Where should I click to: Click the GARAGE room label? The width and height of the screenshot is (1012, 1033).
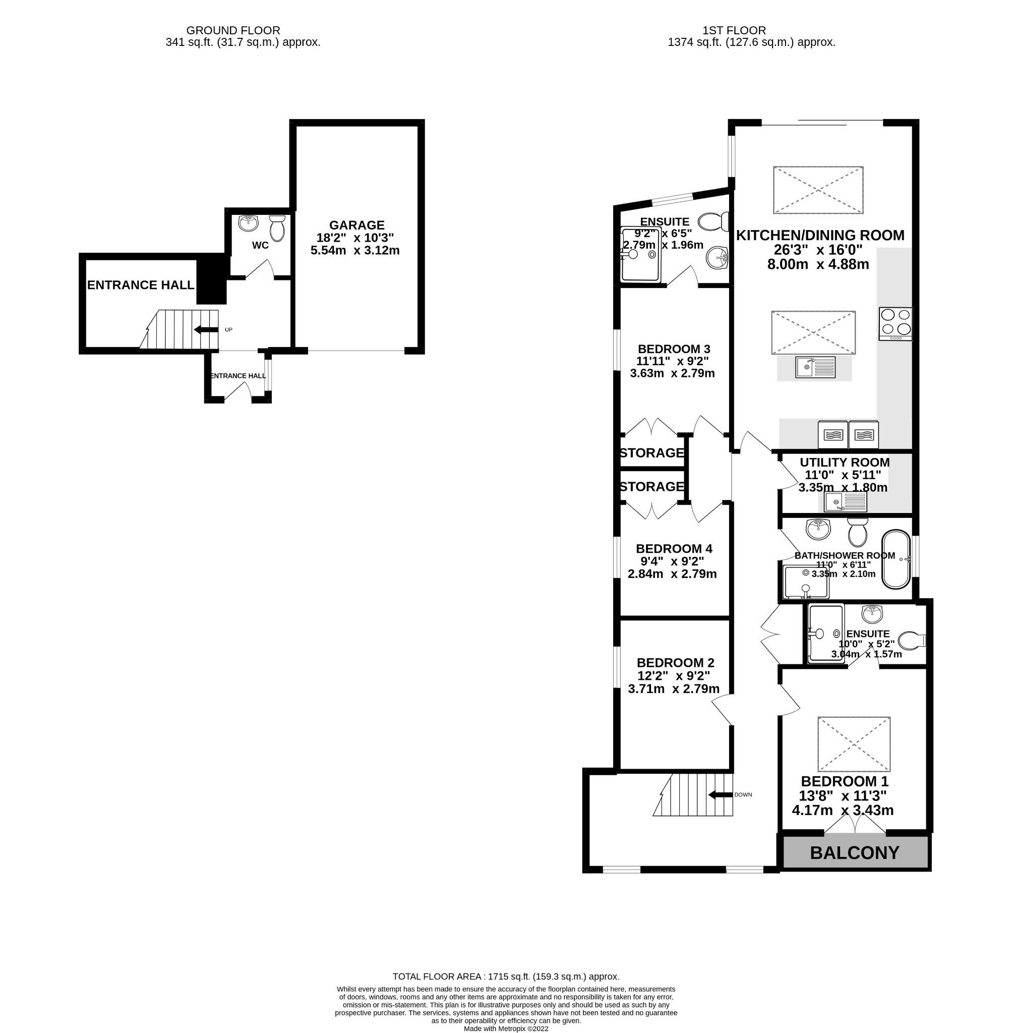[356, 225]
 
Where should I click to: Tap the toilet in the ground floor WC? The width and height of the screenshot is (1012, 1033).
[277, 228]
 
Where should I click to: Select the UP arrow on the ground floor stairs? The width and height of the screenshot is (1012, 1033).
[206, 330]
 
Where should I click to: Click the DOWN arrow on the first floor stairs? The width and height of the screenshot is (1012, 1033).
[720, 795]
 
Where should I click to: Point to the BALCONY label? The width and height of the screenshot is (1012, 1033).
[854, 853]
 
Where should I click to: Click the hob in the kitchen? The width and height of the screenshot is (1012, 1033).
[895, 323]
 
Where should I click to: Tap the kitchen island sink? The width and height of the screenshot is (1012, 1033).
[815, 367]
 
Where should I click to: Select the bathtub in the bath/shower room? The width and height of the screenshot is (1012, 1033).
[896, 559]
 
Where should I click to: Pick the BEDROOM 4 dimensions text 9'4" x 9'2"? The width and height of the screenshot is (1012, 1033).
[672, 561]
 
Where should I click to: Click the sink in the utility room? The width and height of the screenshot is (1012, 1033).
[845, 501]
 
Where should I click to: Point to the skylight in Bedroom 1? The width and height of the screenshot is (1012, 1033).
[854, 744]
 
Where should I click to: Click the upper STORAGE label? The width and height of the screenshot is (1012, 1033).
[651, 453]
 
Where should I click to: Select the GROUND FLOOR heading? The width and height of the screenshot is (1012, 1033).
[233, 31]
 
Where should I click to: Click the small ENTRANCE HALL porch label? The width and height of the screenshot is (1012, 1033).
[237, 376]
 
